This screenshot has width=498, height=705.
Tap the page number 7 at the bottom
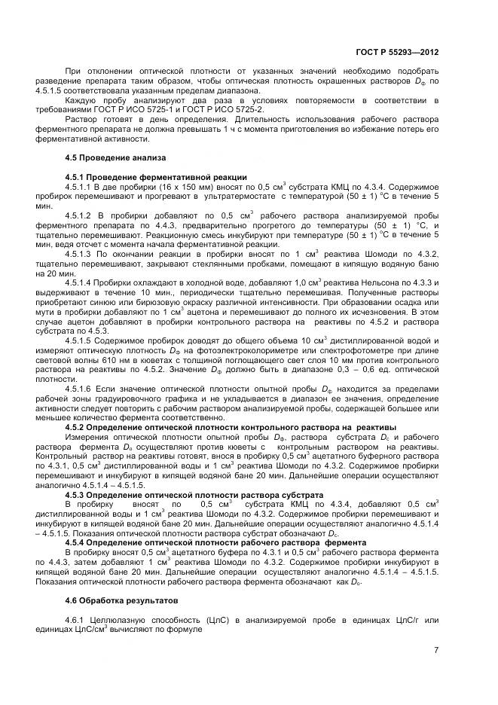point(435,651)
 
